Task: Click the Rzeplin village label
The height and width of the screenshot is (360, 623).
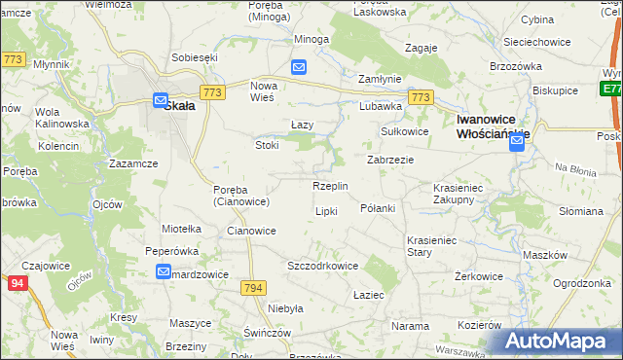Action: coord(331,186)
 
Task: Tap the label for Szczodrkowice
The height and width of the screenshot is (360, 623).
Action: coord(323,266)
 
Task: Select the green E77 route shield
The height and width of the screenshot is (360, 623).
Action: coord(611,88)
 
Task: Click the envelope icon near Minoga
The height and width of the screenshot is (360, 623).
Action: coord(299,67)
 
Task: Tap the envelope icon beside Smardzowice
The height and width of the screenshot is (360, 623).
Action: coord(164,272)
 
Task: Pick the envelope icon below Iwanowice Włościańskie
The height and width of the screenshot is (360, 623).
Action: coord(516,143)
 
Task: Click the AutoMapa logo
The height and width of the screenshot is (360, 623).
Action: coord(559,341)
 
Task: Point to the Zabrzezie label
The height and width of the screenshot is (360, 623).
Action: coord(390,160)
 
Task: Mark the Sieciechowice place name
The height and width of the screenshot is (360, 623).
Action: coord(535,43)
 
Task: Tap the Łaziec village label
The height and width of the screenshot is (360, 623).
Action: coord(369,295)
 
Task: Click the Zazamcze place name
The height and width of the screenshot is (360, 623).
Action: coord(133,163)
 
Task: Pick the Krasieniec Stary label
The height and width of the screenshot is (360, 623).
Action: coord(433,245)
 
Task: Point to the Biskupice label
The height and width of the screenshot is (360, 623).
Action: coord(555,90)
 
